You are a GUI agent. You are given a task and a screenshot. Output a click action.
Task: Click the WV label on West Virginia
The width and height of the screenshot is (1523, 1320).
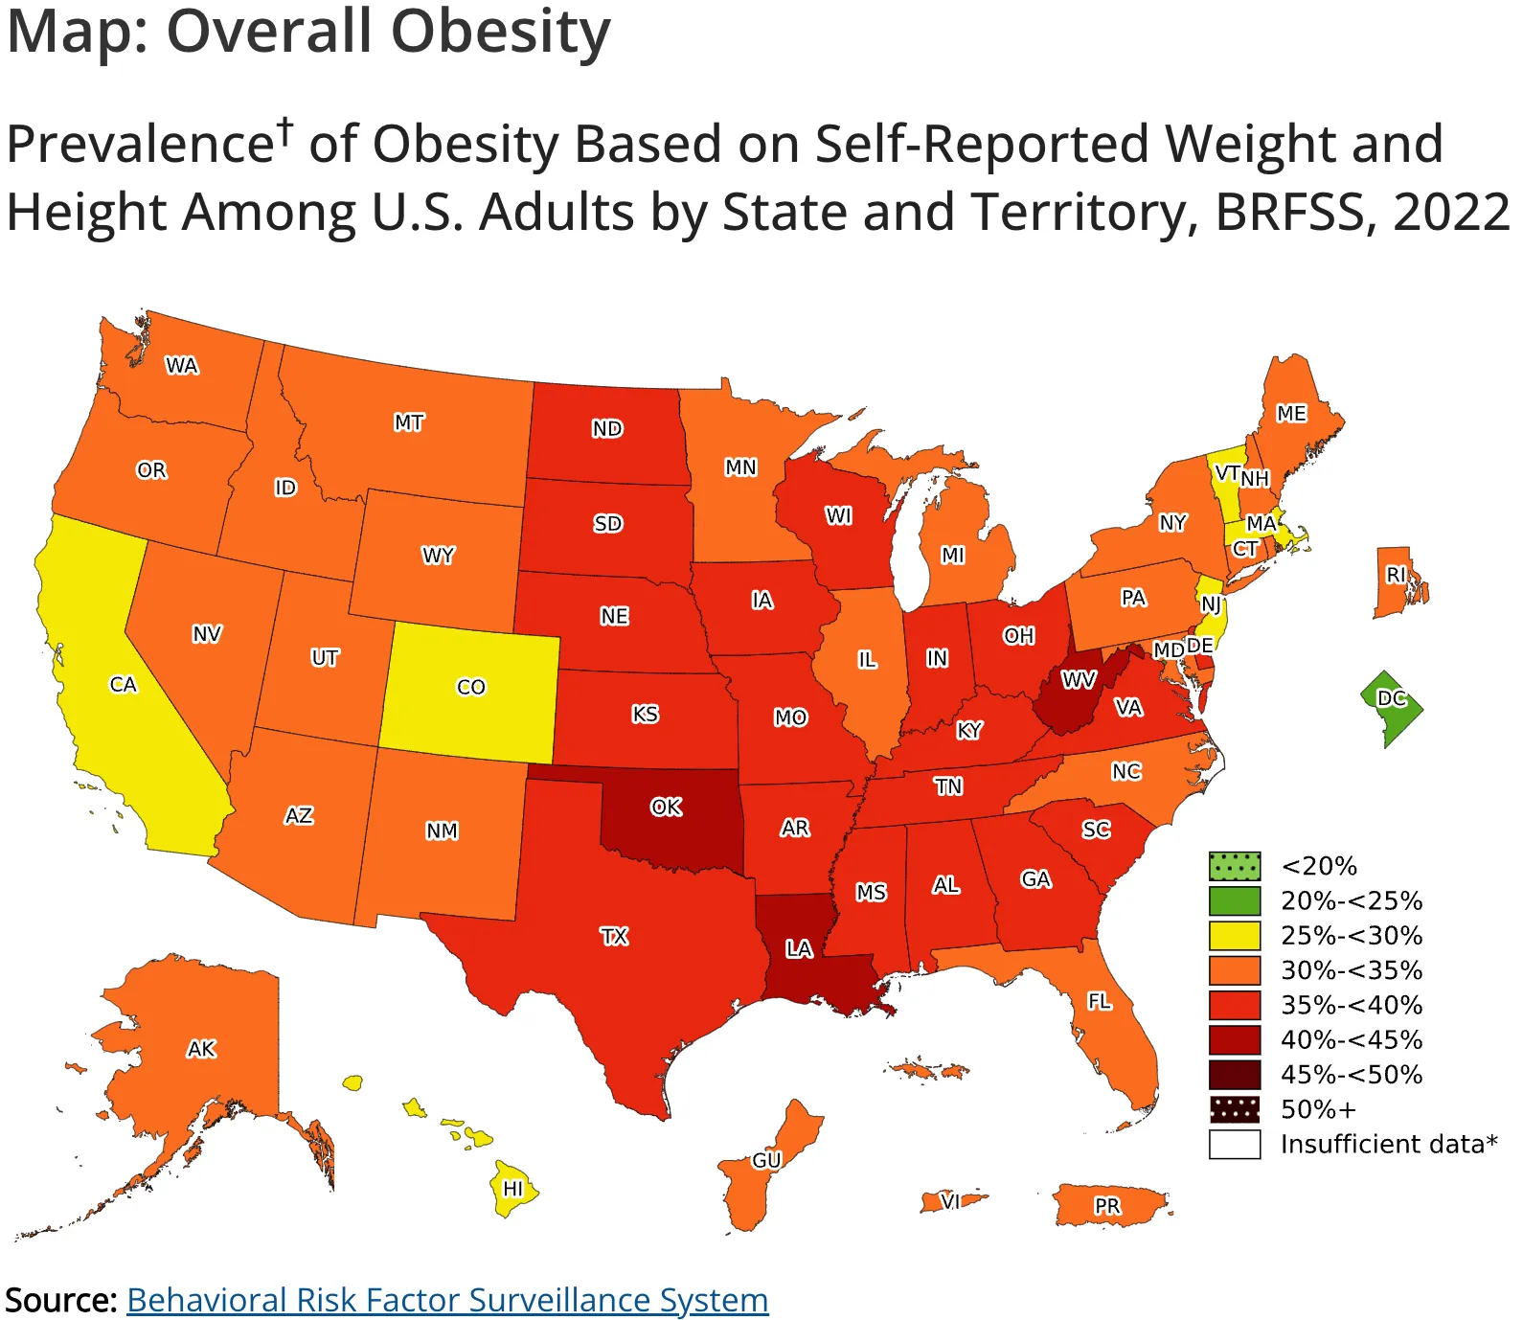[x=1079, y=679]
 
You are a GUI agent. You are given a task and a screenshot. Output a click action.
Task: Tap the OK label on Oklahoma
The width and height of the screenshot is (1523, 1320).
[x=666, y=807]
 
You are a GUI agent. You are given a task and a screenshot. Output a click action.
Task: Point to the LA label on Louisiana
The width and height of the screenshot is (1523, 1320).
[x=799, y=948]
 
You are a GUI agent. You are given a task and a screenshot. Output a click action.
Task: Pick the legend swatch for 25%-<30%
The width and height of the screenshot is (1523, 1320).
[x=1235, y=935]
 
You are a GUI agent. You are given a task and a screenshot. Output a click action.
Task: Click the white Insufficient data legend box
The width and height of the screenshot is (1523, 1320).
[x=1235, y=1144]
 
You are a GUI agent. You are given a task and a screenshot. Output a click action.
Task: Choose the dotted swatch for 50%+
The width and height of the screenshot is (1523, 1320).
[x=1235, y=1109]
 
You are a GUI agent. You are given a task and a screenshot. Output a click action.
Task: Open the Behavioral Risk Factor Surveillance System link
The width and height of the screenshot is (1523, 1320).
[x=447, y=1299]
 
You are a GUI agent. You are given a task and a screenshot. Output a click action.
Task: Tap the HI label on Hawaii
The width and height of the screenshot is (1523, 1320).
[x=513, y=1188]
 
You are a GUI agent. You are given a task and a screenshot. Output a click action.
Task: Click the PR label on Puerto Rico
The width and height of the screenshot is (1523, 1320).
[x=1107, y=1206]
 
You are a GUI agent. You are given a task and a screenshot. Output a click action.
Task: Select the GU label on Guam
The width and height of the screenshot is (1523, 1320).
[x=766, y=1160]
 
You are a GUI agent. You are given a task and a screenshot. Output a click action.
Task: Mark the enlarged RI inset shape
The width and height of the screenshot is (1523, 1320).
[x=1399, y=582]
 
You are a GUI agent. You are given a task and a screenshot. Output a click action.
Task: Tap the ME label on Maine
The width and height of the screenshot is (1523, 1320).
[x=1291, y=413]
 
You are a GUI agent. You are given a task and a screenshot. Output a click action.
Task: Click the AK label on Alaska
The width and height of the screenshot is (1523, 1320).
[x=201, y=1049]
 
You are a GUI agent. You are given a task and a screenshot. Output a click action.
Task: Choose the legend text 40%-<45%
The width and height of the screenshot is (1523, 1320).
[x=1352, y=1039]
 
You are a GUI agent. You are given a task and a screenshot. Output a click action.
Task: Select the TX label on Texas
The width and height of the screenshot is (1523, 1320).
[x=614, y=936]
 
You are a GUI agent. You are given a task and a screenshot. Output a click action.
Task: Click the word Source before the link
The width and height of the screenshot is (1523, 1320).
[x=61, y=1300]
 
